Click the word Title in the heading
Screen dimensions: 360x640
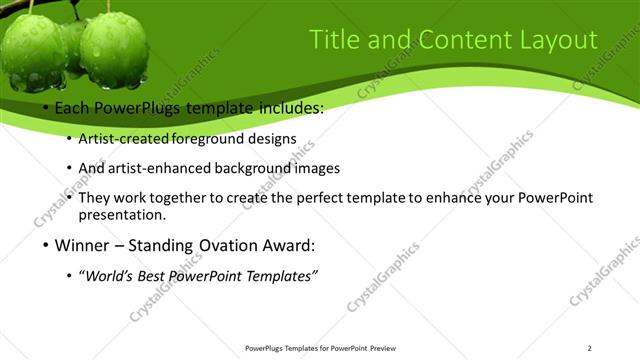point(333,40)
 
